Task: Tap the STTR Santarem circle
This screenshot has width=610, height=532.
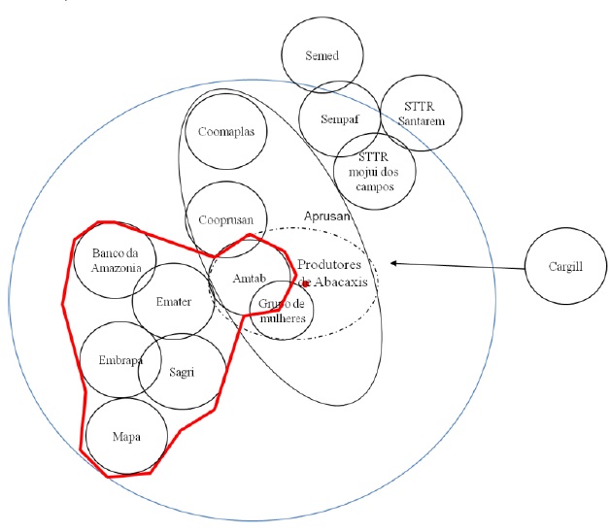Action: coord(420,114)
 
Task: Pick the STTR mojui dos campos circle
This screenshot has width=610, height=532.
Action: coord(374,171)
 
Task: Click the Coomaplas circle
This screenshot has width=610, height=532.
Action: coord(226,133)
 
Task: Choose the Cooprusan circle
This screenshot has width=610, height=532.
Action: coord(226,220)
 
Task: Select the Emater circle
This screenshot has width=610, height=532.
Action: coord(174,301)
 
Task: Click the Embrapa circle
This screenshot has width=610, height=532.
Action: coord(120,360)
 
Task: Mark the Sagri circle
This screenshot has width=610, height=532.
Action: coord(183,370)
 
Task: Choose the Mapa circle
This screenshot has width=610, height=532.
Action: coord(125,437)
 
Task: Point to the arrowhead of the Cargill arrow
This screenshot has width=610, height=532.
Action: coord(392,262)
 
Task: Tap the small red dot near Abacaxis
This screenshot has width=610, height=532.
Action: coord(304,283)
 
